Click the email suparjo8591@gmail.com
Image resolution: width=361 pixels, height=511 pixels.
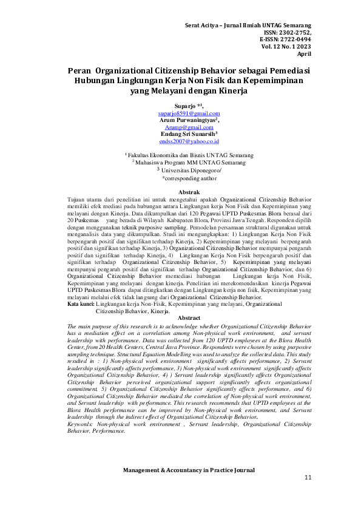189,113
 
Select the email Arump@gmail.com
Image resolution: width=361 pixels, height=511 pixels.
189,127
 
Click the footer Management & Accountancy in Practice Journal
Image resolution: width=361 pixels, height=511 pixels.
189,470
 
